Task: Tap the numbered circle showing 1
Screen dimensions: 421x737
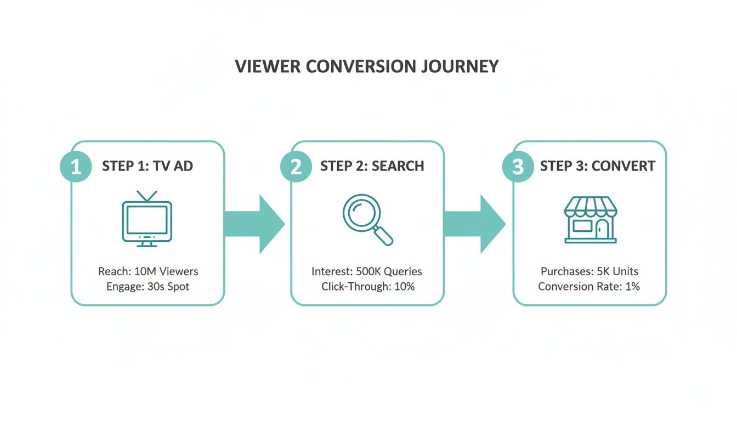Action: (x=76, y=167)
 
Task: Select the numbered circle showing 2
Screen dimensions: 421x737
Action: (x=296, y=167)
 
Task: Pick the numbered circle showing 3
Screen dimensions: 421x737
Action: (x=518, y=167)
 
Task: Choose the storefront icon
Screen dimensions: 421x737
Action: (x=591, y=220)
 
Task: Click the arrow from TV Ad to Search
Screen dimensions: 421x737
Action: (x=255, y=224)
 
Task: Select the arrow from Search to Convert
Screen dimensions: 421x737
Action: (x=475, y=224)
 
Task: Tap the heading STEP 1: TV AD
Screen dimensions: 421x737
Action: (x=148, y=166)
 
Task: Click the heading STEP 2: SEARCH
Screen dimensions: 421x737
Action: (x=372, y=166)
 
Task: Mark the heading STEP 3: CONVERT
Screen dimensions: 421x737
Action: (x=597, y=166)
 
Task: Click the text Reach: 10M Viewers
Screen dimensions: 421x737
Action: (x=148, y=271)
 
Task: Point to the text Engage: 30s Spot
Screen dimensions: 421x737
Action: (x=148, y=287)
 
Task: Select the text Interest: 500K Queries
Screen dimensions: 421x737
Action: (x=367, y=271)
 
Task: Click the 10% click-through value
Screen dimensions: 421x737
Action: (x=404, y=287)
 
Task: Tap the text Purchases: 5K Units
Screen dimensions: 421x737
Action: (x=589, y=271)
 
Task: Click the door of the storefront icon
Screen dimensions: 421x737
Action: (x=603, y=229)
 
